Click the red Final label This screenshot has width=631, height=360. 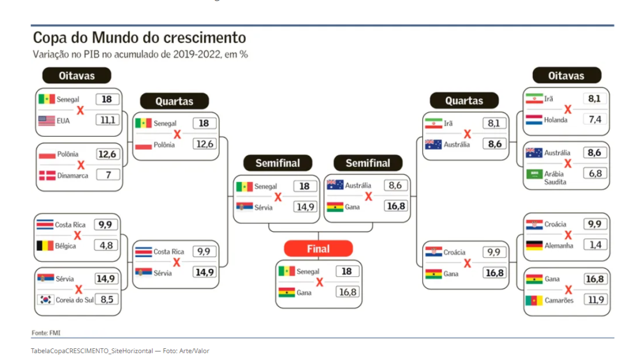coord(319,248)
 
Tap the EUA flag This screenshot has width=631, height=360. coord(47,120)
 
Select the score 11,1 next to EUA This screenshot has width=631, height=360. coord(107,120)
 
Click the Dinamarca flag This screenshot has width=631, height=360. coord(47,175)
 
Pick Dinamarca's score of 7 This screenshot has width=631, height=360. coord(108,175)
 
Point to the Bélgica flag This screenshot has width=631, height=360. coord(45,245)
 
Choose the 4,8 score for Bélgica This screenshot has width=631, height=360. coord(106,245)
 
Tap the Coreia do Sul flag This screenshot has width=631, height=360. coord(46,300)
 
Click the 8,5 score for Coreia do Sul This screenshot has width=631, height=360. coord(107,299)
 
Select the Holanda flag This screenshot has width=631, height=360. coord(534,120)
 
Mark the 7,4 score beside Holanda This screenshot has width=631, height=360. coord(595,119)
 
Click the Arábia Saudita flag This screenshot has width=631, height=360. coord(534,174)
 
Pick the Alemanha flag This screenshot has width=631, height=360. coord(534,245)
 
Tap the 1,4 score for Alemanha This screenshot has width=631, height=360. coord(595,245)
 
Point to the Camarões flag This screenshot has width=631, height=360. coord(534,300)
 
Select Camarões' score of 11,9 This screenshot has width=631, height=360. coord(596,300)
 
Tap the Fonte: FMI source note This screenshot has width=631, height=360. coord(46,333)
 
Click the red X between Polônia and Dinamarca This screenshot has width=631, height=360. coord(81,165)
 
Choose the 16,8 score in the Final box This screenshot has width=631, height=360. coord(348,292)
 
